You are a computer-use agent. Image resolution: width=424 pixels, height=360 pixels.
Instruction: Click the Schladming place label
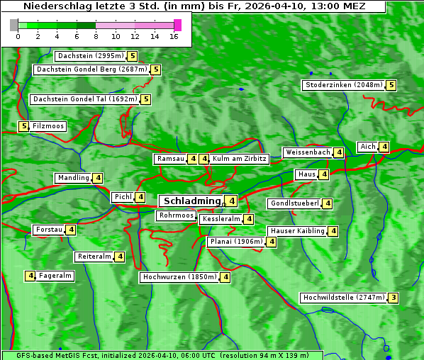pos(189,201)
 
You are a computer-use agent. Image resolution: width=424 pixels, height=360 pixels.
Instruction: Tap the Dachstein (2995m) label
pos(90,56)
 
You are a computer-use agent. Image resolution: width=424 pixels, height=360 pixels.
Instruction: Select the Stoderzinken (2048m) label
pos(344,85)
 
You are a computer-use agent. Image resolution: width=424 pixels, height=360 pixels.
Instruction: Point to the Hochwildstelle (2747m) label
pos(343,298)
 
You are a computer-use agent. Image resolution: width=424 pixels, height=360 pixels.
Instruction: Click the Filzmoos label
pos(48,126)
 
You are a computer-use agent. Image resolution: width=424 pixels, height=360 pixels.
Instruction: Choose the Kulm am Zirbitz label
pos(240,159)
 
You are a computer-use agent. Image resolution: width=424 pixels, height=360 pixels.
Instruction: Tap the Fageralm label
pos(55,276)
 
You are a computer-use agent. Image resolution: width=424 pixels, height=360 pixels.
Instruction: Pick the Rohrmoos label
pos(176,215)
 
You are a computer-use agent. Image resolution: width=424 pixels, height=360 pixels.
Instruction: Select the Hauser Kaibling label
pos(297,231)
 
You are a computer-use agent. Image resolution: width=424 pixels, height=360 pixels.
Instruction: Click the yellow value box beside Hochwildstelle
pos(394,298)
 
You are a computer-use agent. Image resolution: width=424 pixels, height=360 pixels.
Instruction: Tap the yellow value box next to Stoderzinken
pos(391,85)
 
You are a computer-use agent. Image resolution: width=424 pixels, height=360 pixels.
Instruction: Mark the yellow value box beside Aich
pos(384,147)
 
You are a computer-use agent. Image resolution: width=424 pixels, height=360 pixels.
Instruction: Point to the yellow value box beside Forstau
pos(71,230)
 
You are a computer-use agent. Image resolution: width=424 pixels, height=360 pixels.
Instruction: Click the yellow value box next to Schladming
pos(232,201)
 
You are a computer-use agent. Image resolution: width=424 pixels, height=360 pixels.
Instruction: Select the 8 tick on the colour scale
pos(95,36)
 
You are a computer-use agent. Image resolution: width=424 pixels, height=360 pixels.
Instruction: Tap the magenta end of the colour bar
pos(177,25)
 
